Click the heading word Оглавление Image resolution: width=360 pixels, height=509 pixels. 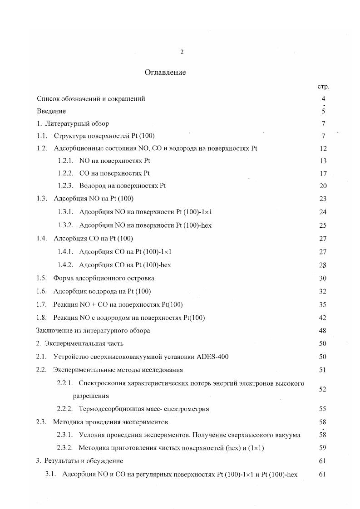(165, 73)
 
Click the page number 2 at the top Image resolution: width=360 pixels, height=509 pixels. (182, 52)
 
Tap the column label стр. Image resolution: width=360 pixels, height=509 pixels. (323, 86)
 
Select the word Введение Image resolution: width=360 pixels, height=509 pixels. (51, 111)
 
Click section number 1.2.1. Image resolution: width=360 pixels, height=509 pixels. (66, 161)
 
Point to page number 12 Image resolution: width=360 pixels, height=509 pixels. (323, 148)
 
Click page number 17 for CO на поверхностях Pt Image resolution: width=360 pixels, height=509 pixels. (323, 173)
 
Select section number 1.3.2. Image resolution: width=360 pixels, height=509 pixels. (66, 225)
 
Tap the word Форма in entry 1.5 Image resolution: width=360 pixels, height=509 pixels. (63, 278)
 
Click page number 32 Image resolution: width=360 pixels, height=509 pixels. (323, 291)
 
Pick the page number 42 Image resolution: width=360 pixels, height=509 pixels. (323, 318)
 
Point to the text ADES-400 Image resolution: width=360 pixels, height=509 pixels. (213, 357)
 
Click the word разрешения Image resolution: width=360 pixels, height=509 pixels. (91, 396)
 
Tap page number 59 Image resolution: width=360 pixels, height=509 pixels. (323, 448)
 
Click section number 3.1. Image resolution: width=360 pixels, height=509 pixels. (50, 475)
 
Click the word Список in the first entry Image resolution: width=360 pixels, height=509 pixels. (48, 99)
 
